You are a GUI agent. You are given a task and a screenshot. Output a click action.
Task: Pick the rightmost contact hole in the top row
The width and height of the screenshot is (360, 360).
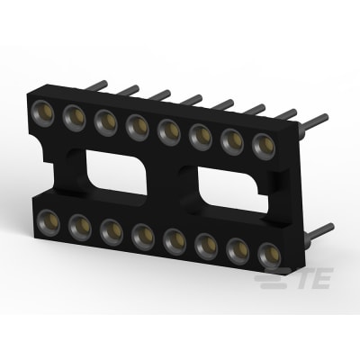point(262,143)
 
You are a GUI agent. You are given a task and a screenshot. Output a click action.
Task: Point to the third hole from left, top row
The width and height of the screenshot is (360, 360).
point(104,118)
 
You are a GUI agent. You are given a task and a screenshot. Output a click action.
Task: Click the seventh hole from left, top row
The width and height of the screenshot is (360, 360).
point(231,138)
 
